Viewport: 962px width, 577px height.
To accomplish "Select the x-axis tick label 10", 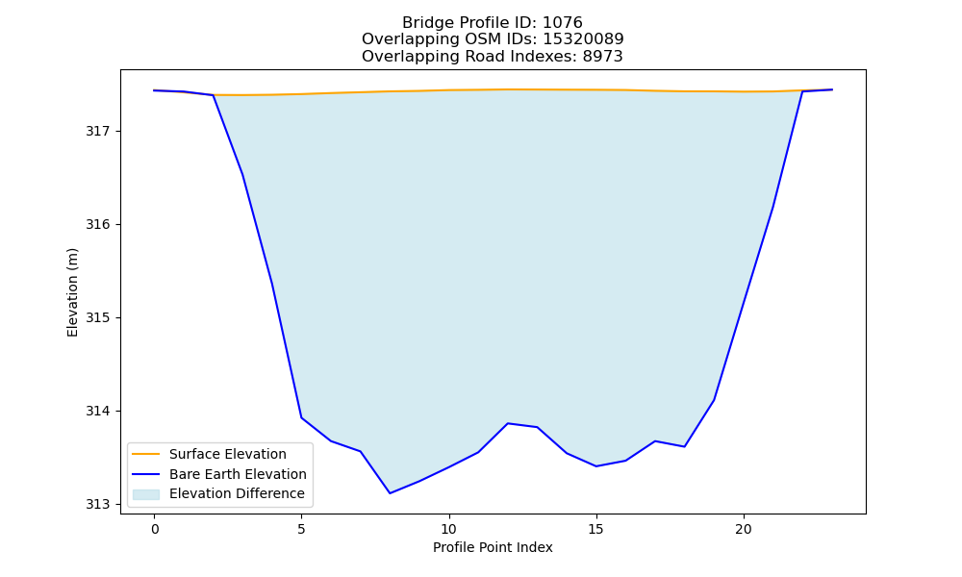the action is point(449,529).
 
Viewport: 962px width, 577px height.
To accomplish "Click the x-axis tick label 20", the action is point(744,529).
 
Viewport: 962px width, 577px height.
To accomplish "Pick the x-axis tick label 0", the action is point(155,529).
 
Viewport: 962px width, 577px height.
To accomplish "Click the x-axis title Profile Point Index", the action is point(493,547).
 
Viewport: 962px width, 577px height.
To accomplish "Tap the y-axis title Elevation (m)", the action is point(73,292).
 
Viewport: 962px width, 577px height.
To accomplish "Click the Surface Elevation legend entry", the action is point(228,454).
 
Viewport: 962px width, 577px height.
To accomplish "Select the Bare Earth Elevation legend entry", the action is point(238,474).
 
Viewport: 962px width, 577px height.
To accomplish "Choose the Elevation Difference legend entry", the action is point(237,493).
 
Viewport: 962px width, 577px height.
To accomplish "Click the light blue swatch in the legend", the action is point(146,494).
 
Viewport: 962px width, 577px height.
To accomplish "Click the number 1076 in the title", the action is point(563,23).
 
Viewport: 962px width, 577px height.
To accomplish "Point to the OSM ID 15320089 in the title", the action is point(584,39).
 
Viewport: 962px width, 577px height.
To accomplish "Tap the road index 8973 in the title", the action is point(603,57).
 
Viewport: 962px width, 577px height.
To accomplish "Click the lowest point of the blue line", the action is point(390,493).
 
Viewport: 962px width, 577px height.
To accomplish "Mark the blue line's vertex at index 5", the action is point(301,417).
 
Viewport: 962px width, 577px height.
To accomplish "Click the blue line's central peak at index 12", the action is point(507,423).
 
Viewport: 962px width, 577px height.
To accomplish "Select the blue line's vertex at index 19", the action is point(714,400).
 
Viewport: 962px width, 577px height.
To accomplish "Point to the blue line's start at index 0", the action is point(155,90).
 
